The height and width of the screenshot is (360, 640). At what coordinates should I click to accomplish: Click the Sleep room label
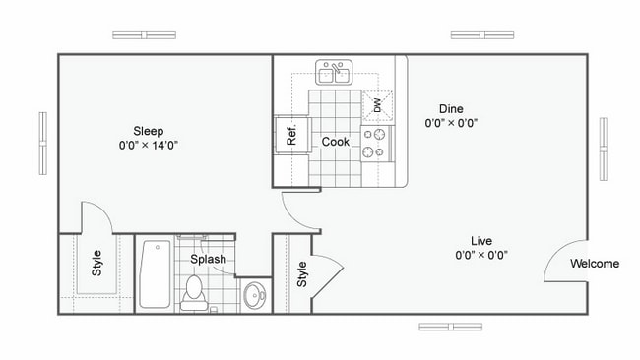point(149,131)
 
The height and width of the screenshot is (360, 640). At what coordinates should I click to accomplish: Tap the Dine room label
point(451,109)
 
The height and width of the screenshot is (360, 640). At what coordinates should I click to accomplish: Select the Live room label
point(480,241)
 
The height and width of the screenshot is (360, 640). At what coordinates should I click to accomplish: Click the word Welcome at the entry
point(595,264)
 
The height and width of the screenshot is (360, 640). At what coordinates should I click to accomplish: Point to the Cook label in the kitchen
point(336,142)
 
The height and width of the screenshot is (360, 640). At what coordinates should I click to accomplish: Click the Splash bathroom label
point(209,260)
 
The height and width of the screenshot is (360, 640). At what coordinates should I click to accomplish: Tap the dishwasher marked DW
point(377,105)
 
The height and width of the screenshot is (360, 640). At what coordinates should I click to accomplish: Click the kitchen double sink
point(334,74)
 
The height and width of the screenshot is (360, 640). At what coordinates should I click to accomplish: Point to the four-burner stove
point(376,143)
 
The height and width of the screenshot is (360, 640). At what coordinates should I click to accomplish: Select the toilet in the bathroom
point(193,291)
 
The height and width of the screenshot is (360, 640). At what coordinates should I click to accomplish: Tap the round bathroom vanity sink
point(255,294)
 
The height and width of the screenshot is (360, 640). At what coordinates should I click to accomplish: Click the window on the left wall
point(43,144)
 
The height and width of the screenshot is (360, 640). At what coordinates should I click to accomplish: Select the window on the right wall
point(604,148)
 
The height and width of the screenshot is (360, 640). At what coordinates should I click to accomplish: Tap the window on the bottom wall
point(450,327)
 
